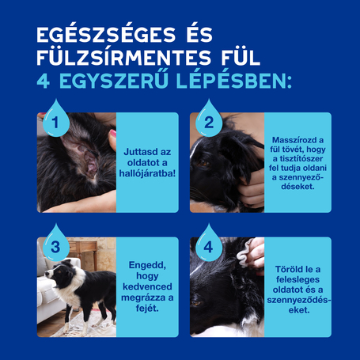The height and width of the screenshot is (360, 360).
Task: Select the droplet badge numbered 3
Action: pyautogui.click(x=55, y=244)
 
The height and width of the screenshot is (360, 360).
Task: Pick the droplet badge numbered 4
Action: pyautogui.click(x=209, y=244)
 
